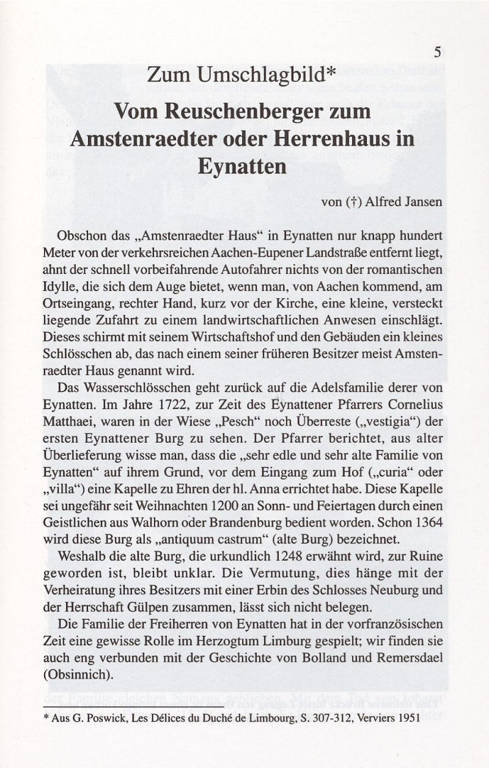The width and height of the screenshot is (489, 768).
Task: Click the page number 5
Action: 438,51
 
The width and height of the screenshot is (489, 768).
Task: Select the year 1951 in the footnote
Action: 408,719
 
